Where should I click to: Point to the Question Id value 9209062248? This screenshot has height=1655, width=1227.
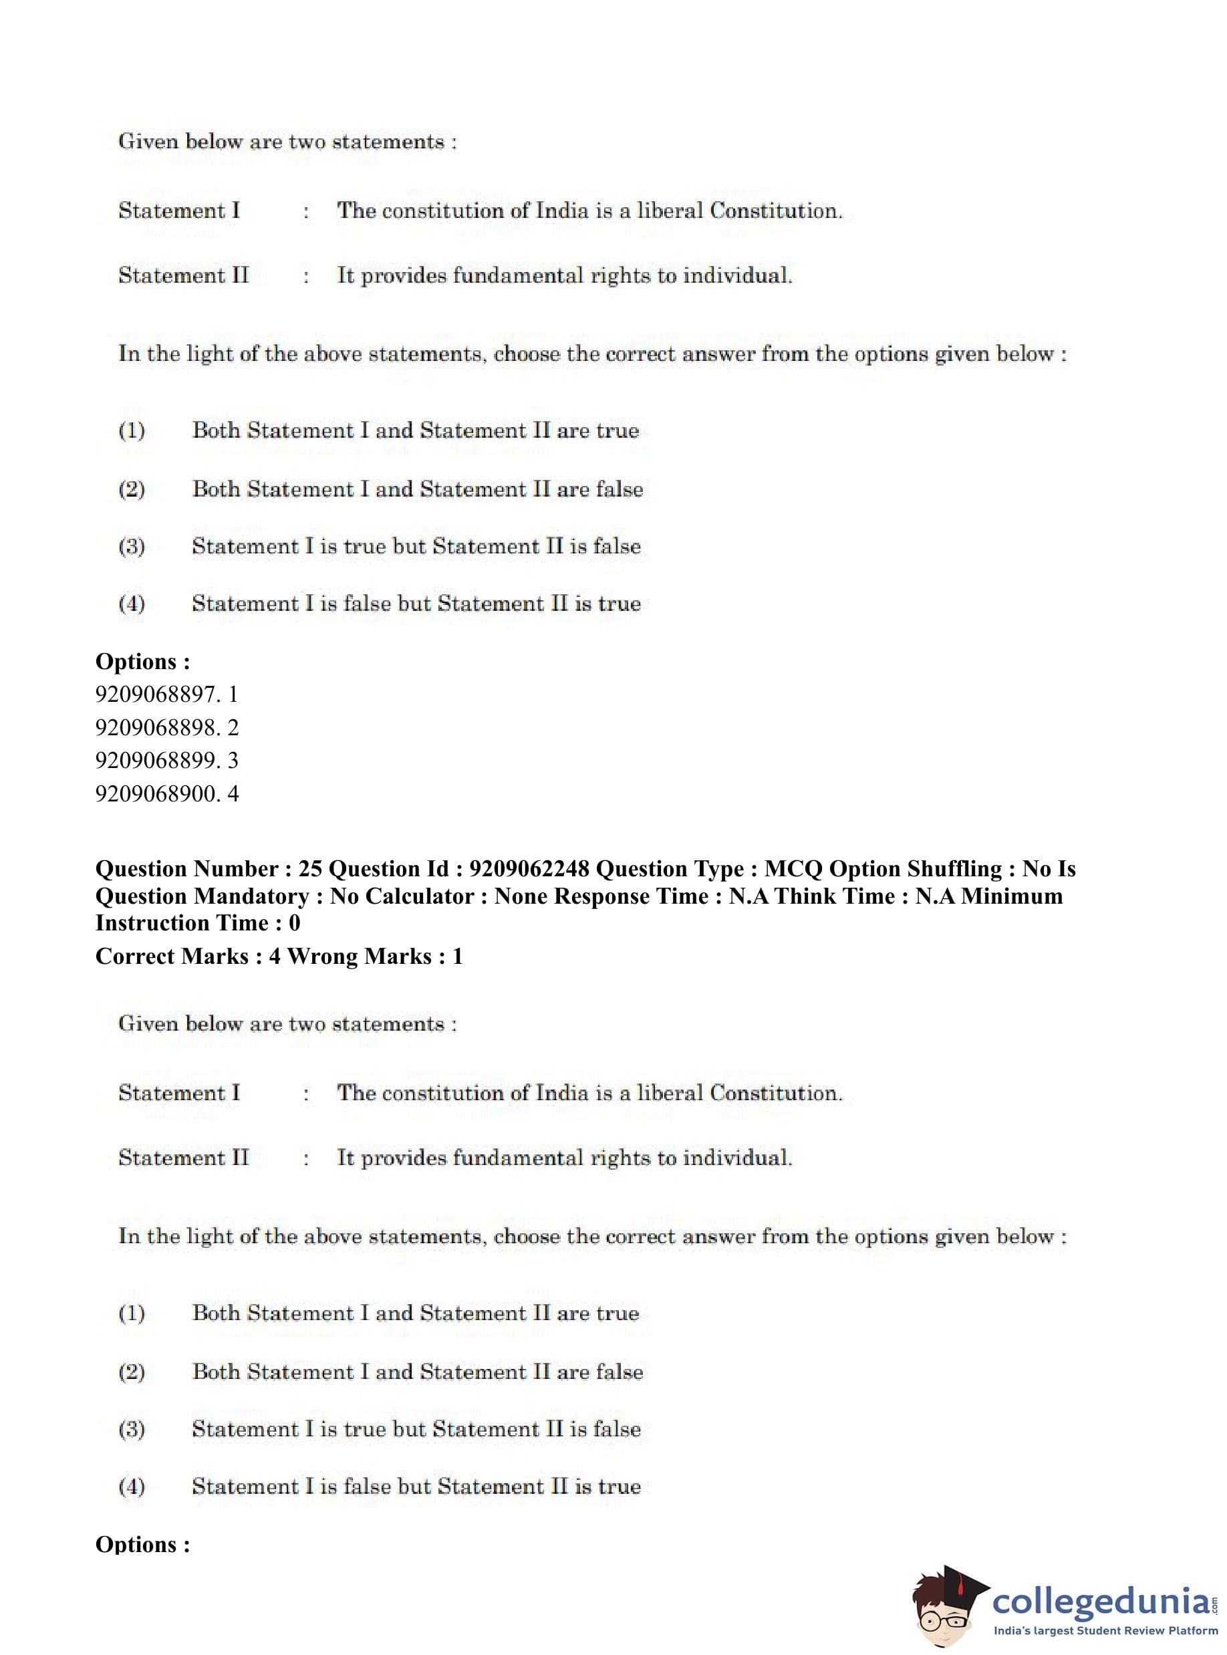pos(529,868)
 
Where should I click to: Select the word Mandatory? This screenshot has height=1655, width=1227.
pos(251,896)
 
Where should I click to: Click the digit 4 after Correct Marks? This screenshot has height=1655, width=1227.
pos(275,956)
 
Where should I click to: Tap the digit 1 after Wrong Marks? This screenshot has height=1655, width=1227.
pos(458,956)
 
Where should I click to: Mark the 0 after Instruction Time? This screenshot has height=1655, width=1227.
pos(294,923)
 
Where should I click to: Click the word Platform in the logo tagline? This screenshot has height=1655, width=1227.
pos(1188,1631)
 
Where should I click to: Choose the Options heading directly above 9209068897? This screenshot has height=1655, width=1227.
pos(142,661)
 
